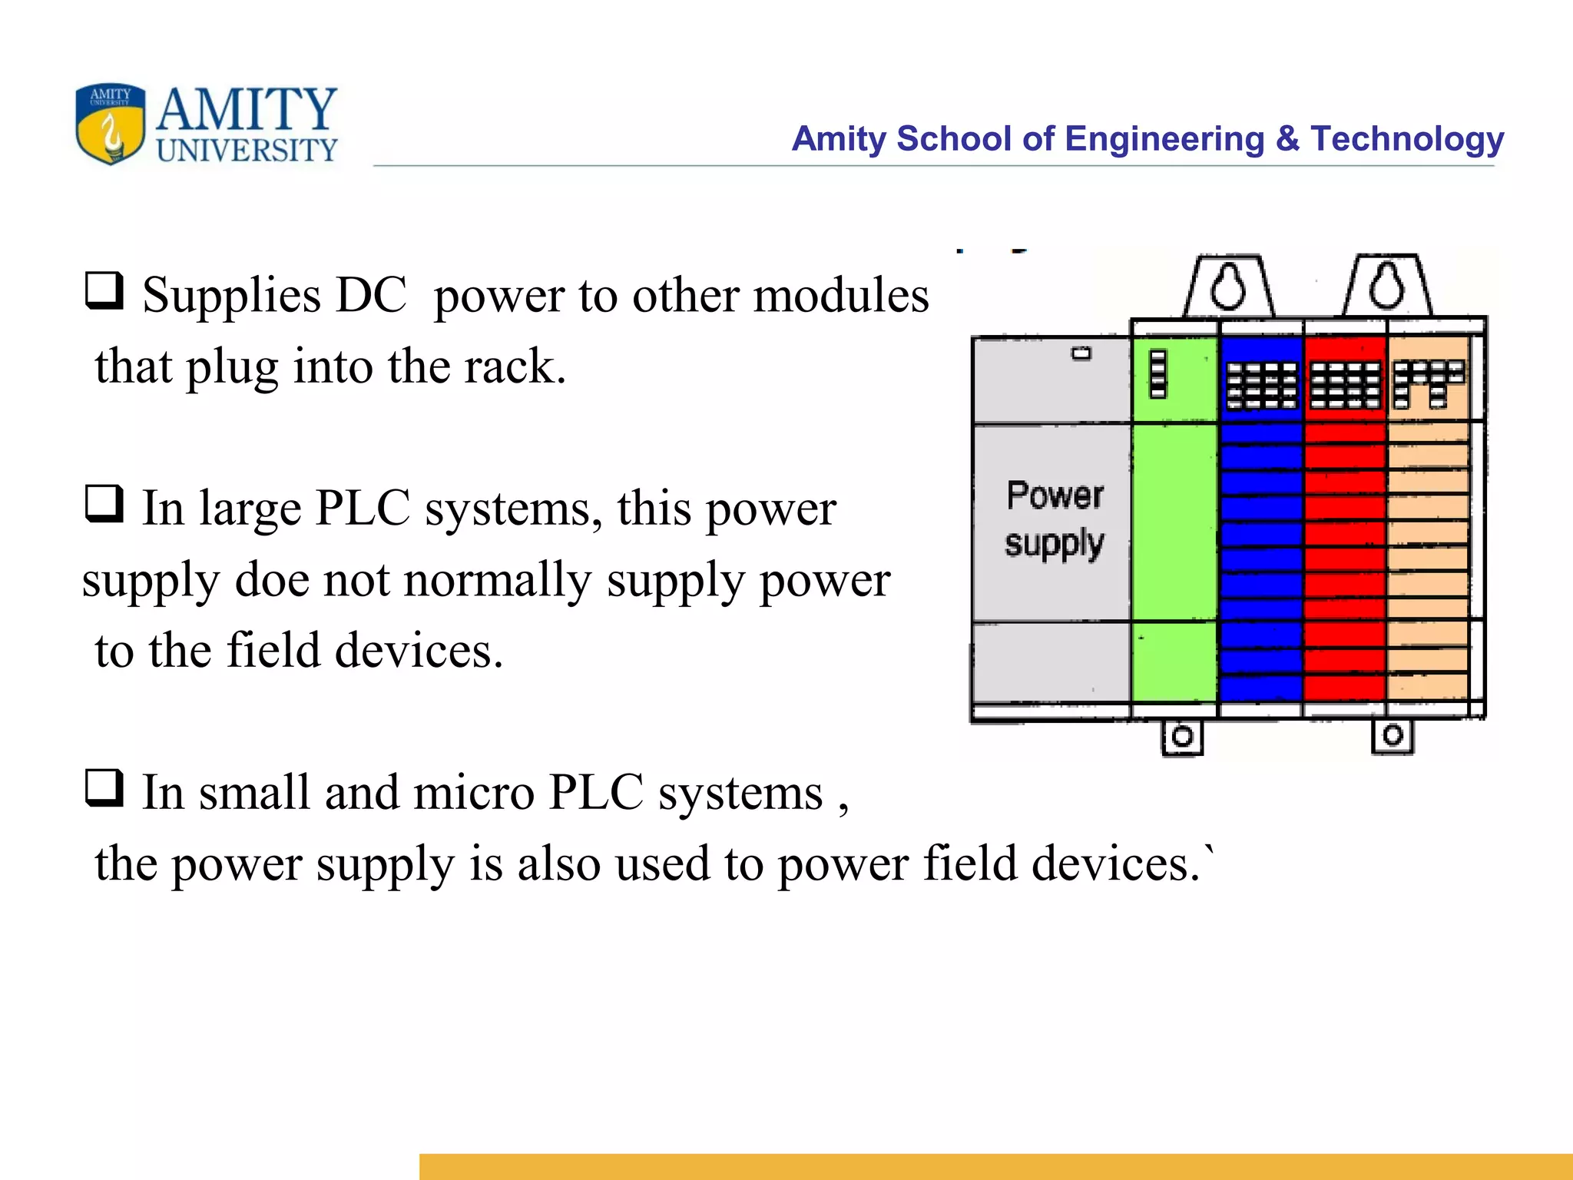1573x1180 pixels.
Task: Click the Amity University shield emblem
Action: (110, 124)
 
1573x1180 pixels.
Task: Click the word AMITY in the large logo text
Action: (247, 110)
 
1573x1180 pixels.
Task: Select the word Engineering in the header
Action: (1164, 139)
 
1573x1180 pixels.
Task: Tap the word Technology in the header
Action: (1407, 139)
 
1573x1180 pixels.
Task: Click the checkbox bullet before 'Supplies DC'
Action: (104, 291)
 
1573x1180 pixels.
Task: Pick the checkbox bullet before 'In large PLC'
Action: (104, 504)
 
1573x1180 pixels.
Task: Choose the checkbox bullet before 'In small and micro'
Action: (104, 788)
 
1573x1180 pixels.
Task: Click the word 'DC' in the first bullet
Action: (371, 295)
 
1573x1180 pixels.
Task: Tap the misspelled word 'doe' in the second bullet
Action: (267, 580)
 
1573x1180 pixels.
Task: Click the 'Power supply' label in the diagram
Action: (1055, 519)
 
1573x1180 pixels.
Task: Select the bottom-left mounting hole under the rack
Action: (1182, 737)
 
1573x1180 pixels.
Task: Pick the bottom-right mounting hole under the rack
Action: (1393, 736)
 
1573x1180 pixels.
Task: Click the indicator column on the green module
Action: (1157, 374)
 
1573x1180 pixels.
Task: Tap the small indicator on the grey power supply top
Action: (1081, 353)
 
